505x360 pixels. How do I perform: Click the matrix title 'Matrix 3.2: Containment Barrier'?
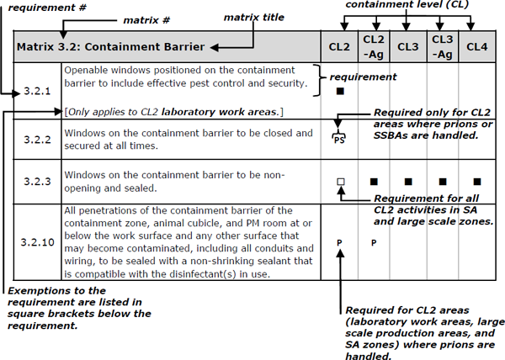[x=110, y=46]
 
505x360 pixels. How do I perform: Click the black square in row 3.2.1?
[x=339, y=91]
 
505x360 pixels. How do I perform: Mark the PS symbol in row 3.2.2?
[x=339, y=139]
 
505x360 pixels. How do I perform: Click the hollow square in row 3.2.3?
[x=339, y=181]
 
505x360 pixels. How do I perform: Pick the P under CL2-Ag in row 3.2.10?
[x=374, y=242]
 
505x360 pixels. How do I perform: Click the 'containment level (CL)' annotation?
[x=407, y=8]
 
